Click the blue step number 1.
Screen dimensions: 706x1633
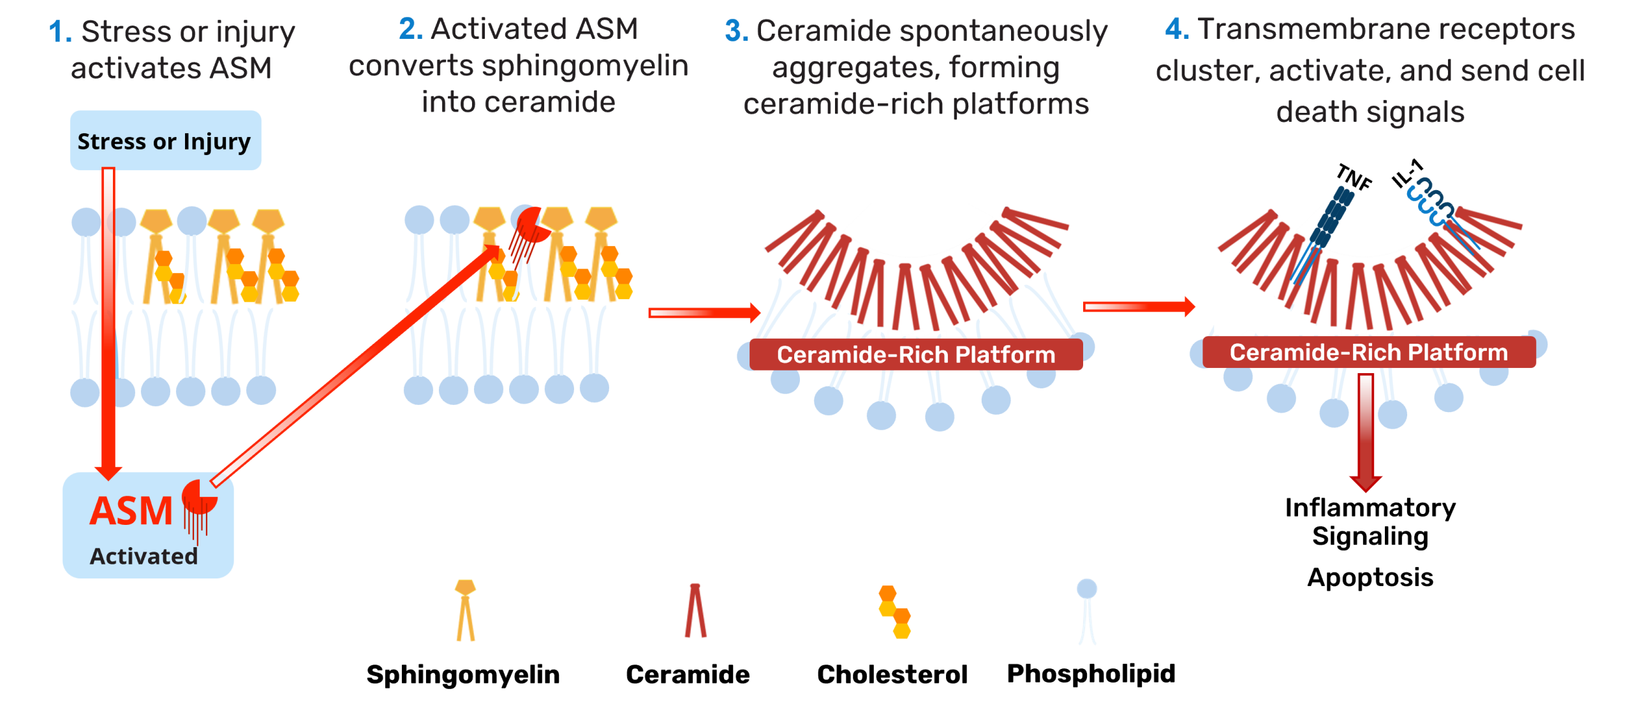(60, 32)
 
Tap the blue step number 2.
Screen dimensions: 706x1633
(410, 29)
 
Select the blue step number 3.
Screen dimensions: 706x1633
(736, 31)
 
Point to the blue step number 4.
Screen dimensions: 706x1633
(1177, 29)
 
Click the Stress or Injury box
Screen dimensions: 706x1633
(165, 141)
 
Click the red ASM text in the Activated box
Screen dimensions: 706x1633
(131, 511)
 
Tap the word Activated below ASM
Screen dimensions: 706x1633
(144, 556)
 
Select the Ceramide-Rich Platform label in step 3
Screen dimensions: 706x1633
(916, 355)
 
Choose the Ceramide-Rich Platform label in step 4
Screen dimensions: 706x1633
(1369, 353)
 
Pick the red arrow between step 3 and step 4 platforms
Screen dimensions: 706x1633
(1139, 307)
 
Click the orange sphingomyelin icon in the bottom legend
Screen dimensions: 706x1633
(465, 610)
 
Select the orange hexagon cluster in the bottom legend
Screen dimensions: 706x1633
(894, 612)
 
